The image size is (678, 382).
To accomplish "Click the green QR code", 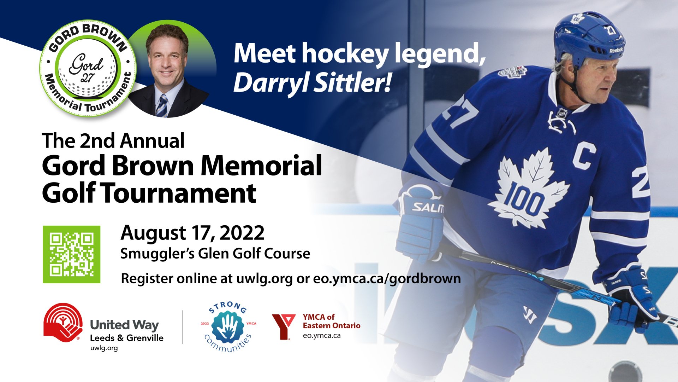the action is click(72, 254).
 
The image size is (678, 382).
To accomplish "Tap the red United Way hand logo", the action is click(63, 322).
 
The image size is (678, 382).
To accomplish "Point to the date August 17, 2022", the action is click(192, 233).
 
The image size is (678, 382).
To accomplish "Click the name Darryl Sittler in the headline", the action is click(313, 83).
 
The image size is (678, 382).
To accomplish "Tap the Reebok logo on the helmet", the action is click(616, 50).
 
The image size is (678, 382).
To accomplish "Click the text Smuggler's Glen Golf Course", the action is click(215, 254).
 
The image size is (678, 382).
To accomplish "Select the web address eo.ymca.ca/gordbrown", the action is click(387, 278).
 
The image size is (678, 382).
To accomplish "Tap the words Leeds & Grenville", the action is click(126, 338).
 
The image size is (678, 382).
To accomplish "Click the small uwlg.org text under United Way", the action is click(104, 348).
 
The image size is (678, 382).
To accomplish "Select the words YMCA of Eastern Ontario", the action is click(332, 321).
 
